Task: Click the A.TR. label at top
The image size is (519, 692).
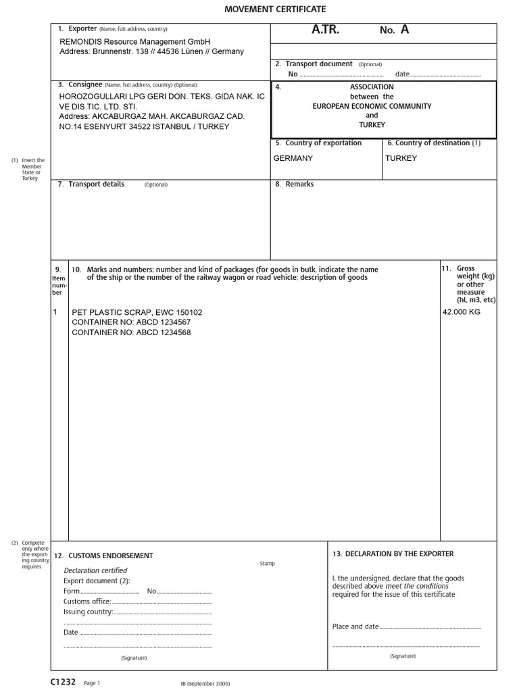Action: tap(325, 30)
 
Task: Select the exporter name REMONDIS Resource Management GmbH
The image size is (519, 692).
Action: tap(135, 42)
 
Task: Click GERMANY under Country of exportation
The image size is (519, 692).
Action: tap(293, 158)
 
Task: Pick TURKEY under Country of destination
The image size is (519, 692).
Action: tap(401, 158)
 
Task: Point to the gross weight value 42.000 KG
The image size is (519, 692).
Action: tap(462, 312)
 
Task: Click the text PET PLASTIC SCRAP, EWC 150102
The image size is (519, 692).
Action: tap(137, 312)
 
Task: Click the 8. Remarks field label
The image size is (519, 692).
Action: tap(295, 184)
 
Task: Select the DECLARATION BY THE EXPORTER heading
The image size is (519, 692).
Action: tap(393, 553)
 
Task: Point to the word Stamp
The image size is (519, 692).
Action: tap(267, 564)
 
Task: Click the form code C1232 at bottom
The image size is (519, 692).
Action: tap(63, 682)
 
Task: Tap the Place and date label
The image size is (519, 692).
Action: tap(355, 626)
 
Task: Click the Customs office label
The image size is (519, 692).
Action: tap(87, 601)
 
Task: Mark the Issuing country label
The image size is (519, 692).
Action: tap(88, 612)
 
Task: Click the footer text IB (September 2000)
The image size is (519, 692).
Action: tap(205, 684)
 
